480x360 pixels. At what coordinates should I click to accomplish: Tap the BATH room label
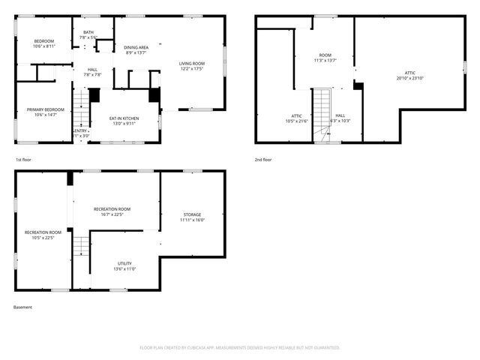pos(88,32)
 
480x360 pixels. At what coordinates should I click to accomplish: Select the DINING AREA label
pos(136,47)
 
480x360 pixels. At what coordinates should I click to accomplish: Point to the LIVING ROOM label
pos(191,64)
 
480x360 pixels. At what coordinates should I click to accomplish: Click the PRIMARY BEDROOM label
pos(46,109)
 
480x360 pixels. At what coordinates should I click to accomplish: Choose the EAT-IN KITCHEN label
pos(124,118)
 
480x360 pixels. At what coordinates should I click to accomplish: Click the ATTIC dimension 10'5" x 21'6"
pos(297,121)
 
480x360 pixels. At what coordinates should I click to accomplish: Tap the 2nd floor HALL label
pos(340,115)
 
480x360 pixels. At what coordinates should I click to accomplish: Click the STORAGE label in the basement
pos(192,214)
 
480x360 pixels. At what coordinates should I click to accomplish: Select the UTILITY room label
pos(124,263)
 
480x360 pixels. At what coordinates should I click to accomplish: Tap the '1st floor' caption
pos(23,160)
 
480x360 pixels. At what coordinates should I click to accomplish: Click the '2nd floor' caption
pos(263,160)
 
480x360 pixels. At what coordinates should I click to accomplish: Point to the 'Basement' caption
pos(22,307)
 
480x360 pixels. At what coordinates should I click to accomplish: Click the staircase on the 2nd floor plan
pos(321,112)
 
